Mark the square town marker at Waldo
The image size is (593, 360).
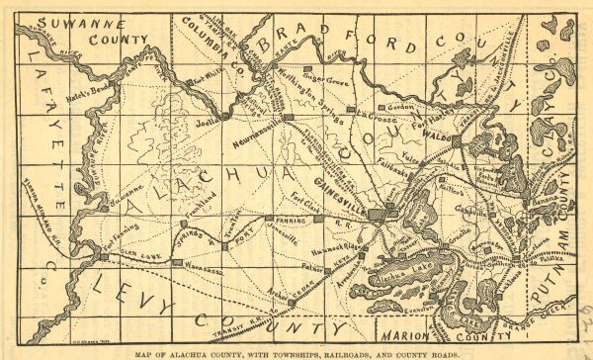pos(455,141)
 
